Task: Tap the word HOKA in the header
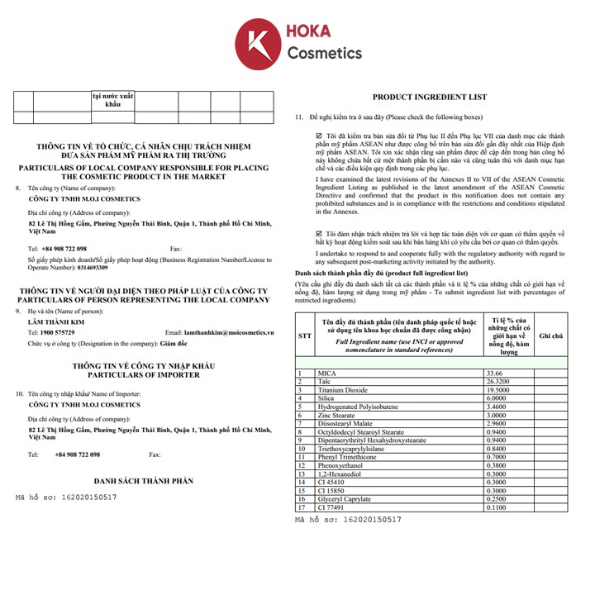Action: click(x=308, y=32)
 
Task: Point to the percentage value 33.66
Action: click(x=497, y=373)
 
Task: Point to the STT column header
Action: click(x=305, y=336)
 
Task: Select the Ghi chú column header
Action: click(x=550, y=336)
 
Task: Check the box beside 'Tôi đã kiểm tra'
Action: click(x=319, y=134)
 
